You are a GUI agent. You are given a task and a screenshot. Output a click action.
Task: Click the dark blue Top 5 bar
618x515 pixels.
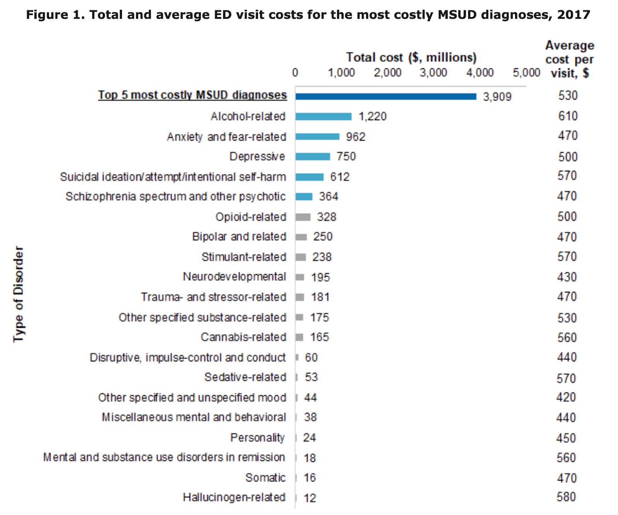385,96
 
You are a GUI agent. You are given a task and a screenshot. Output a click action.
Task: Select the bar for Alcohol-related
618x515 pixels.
323,116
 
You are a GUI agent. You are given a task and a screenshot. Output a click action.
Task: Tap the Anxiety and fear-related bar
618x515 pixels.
317,136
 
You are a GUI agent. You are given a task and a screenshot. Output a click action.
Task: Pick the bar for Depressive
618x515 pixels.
312,156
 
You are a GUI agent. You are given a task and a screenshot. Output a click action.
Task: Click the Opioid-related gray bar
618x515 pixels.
303,217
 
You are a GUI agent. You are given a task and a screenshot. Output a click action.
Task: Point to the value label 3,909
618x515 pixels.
497,97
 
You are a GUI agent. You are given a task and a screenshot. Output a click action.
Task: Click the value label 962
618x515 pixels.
355,137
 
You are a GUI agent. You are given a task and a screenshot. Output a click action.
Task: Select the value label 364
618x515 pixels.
328,197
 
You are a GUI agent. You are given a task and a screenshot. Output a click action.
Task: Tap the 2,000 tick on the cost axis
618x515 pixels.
387,73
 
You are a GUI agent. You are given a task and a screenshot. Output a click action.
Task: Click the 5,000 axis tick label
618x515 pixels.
526,73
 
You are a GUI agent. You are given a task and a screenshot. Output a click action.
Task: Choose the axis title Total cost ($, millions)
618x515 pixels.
411,58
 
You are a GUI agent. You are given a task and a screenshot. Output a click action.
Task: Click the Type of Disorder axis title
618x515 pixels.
19,294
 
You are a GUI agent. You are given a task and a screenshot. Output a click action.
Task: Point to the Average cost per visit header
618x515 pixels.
569,59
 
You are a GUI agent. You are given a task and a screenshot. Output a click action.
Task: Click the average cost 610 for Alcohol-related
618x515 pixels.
568,116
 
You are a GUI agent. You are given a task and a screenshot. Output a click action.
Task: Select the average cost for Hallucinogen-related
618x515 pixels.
566,496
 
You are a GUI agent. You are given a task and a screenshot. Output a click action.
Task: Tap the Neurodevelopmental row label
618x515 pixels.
234,277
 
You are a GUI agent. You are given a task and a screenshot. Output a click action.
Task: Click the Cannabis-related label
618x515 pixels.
243,337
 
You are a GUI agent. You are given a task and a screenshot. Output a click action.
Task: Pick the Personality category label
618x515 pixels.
257,437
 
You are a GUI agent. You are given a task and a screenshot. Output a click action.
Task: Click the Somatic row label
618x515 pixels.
265,478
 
